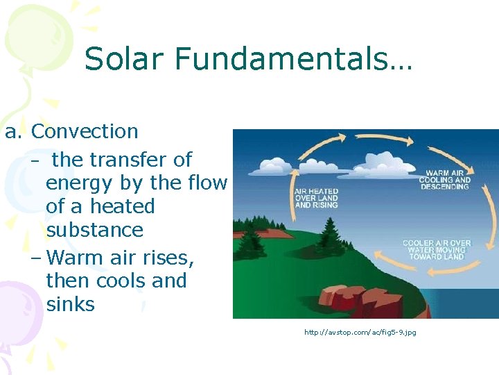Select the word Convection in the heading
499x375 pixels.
(85, 131)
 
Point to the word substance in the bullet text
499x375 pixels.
(94, 230)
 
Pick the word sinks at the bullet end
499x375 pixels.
(70, 304)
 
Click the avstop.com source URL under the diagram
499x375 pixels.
(360, 333)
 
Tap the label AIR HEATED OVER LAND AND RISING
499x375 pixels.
(316, 198)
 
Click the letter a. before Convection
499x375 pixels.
(14, 131)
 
